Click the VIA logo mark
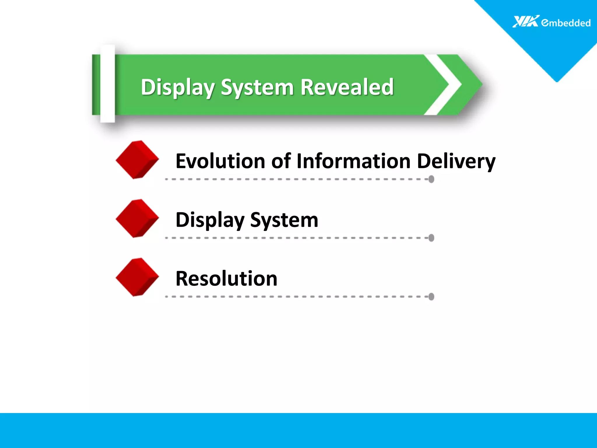point(525,22)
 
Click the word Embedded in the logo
point(566,23)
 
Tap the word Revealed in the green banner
point(347,87)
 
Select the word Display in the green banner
point(178,87)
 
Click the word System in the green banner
point(257,87)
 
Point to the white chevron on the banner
point(446,85)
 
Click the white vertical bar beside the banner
point(108,84)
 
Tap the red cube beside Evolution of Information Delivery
point(137,160)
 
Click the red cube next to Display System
point(137,218)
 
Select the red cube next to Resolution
point(137,277)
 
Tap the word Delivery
point(456,162)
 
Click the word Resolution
point(226,279)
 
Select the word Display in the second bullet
point(210,220)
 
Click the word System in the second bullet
point(284,220)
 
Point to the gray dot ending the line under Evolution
point(431,179)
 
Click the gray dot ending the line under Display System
point(431,238)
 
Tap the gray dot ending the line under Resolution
point(431,297)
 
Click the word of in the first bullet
point(281,161)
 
